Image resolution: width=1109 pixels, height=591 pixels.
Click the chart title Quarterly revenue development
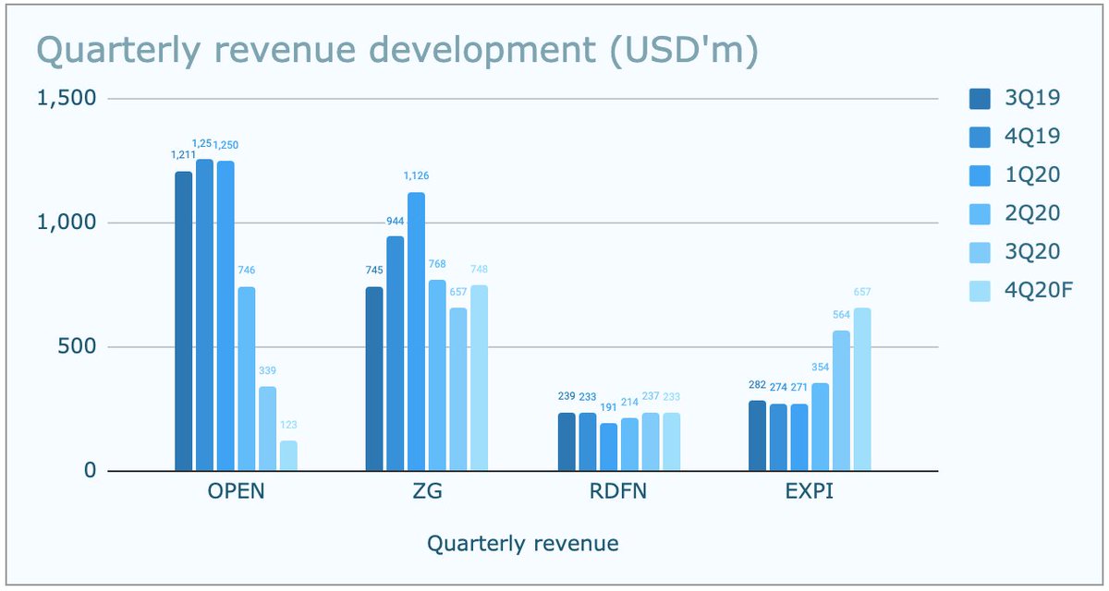tap(396, 53)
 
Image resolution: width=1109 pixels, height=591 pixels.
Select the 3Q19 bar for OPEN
tap(184, 321)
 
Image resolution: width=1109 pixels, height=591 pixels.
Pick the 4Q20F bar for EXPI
tap(862, 390)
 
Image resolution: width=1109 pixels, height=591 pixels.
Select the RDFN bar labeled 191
tap(608, 448)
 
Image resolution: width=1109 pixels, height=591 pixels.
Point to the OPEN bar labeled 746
tap(247, 379)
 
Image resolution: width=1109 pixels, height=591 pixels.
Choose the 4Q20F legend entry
tap(1020, 292)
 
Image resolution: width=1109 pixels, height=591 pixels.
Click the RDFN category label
tap(617, 491)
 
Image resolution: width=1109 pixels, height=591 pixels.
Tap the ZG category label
tap(427, 491)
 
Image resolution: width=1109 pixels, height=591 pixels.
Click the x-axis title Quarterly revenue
tap(523, 544)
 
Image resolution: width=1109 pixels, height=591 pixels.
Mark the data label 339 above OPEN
tap(267, 371)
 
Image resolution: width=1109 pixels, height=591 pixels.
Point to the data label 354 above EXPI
tap(820, 368)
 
